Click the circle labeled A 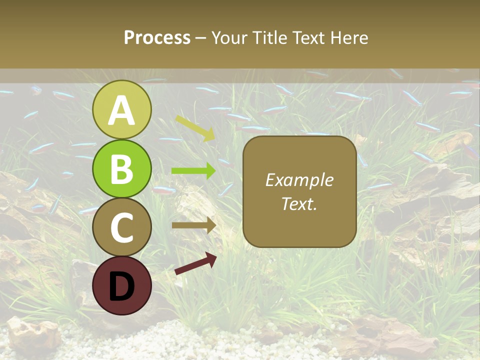point(121,109)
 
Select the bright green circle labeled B point(121,169)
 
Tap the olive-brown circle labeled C point(121,227)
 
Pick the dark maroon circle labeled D point(121,285)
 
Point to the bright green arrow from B point(193,171)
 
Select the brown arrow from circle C point(193,225)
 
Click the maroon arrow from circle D point(195,263)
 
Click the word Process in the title point(157,37)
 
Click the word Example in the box point(299,180)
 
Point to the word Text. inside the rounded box point(299,203)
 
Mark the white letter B point(121,169)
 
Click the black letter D point(121,286)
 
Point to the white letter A point(121,110)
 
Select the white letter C point(121,227)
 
